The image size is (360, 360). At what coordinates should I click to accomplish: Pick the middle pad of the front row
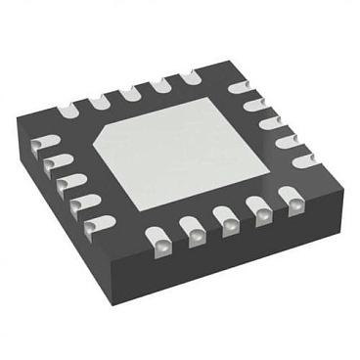pyautogui.click(x=226, y=224)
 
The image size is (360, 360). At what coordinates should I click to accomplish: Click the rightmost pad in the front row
pyautogui.click(x=291, y=203)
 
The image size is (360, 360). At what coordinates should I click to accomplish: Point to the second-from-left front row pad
pyautogui.click(x=191, y=231)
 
